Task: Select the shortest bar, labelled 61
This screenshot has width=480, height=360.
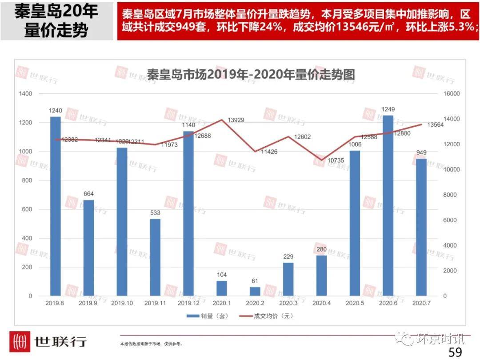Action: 255,291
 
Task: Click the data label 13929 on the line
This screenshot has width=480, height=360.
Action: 236,120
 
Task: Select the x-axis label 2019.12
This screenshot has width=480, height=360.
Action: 188,303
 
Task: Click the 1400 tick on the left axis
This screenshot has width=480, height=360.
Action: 26,94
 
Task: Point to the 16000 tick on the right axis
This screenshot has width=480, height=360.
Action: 452,94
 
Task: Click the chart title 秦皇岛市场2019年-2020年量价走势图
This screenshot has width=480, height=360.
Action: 251,74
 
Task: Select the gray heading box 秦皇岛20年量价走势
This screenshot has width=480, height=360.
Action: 56,20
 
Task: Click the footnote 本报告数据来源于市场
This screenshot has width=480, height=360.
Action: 151,344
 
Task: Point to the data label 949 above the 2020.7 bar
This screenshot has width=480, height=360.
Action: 421,153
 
